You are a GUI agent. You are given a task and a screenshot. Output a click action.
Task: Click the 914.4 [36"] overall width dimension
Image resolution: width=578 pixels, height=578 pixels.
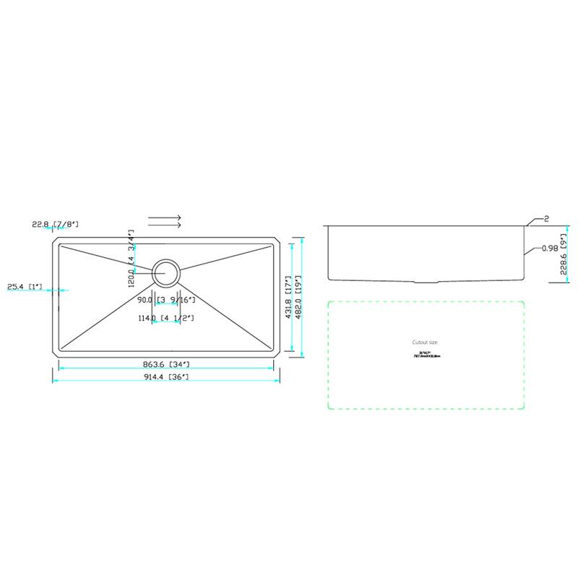point(165,378)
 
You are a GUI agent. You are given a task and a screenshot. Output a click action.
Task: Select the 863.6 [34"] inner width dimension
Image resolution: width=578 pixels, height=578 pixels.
point(165,363)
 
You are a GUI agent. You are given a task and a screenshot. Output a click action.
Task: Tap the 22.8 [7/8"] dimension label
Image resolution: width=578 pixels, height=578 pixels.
point(55,225)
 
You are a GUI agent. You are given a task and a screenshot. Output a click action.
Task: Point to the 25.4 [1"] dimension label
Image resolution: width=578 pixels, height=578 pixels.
point(25,287)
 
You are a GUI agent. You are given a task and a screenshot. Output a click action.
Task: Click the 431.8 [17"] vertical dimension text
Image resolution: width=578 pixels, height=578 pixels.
point(288,297)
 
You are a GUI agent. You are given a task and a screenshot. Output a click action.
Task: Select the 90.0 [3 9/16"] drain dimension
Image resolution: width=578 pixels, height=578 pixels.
point(165,299)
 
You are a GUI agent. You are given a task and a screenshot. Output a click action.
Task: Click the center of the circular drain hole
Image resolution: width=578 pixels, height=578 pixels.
point(165,272)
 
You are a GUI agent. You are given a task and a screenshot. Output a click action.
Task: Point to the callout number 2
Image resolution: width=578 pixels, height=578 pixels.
point(547,218)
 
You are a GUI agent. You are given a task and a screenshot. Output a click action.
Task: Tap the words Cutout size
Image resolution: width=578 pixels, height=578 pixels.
point(425,342)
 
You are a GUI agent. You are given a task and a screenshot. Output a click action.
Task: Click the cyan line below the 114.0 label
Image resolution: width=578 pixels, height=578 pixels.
point(165,323)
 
